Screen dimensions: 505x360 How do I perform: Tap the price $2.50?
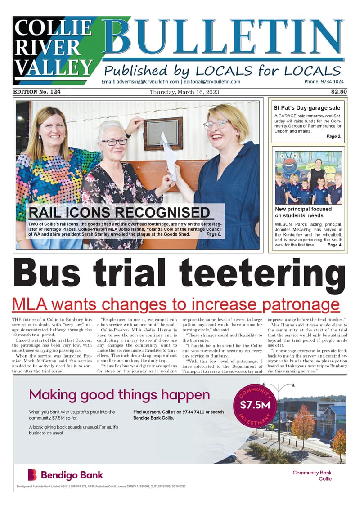point(338,92)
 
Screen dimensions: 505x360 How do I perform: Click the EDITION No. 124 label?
point(37,92)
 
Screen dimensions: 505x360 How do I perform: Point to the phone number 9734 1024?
point(324,82)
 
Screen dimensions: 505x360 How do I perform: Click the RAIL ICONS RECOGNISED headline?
point(119,213)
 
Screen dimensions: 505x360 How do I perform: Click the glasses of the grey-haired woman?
point(114,142)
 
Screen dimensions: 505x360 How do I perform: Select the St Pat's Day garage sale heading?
point(307,108)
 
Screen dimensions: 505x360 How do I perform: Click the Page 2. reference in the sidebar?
point(333,136)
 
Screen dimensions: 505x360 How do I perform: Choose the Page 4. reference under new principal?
point(334,245)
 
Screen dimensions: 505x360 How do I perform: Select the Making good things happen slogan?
point(119,395)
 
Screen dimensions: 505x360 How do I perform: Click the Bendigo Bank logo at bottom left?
point(65,475)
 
